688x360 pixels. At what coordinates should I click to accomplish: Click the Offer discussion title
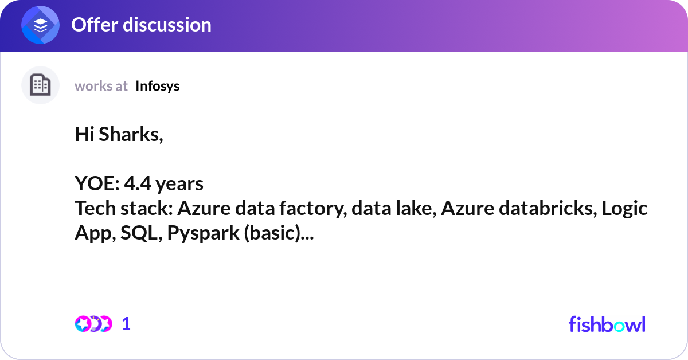141,25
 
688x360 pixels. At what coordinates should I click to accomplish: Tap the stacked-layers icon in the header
41,25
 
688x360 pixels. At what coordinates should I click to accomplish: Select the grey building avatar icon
40,85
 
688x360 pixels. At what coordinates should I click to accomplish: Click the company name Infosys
157,86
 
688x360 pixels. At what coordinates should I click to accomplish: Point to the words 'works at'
101,86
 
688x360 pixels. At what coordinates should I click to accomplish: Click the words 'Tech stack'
121,209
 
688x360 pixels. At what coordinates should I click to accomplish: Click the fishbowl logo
607,324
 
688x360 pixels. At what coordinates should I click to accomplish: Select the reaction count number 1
126,324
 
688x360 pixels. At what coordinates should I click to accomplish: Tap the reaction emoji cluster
93,324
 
